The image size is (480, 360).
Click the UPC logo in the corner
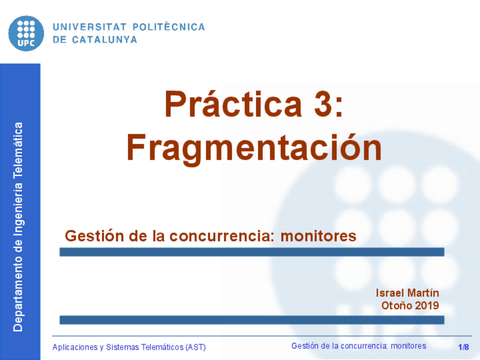click(x=26, y=32)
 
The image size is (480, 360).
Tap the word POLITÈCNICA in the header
click(x=168, y=27)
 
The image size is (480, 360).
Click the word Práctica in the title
click(x=234, y=105)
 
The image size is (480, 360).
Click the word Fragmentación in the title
click(x=254, y=148)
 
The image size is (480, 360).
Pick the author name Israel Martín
click(x=407, y=293)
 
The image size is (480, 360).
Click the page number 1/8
click(x=464, y=347)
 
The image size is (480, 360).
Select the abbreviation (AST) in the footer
click(x=194, y=347)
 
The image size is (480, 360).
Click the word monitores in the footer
click(x=408, y=346)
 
